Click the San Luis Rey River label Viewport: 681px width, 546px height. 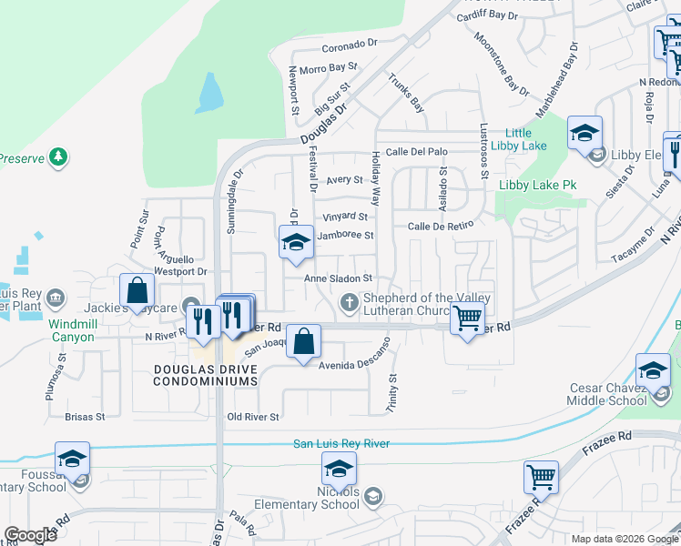[x=340, y=443]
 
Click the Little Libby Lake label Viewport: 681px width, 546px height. [x=519, y=139]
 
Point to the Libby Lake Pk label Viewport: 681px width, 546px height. [x=538, y=185]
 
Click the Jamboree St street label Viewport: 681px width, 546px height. [x=345, y=236]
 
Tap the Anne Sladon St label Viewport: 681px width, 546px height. [x=339, y=278]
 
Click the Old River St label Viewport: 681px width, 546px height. [x=253, y=417]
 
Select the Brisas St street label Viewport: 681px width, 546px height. [x=86, y=417]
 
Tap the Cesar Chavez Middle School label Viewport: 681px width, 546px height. [x=608, y=394]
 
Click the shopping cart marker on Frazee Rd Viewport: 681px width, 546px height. [x=541, y=476]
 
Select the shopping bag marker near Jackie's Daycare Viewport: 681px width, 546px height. [x=137, y=290]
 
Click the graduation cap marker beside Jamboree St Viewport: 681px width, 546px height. [x=296, y=241]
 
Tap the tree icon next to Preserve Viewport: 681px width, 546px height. [x=59, y=157]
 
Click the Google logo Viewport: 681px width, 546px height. [x=30, y=534]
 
